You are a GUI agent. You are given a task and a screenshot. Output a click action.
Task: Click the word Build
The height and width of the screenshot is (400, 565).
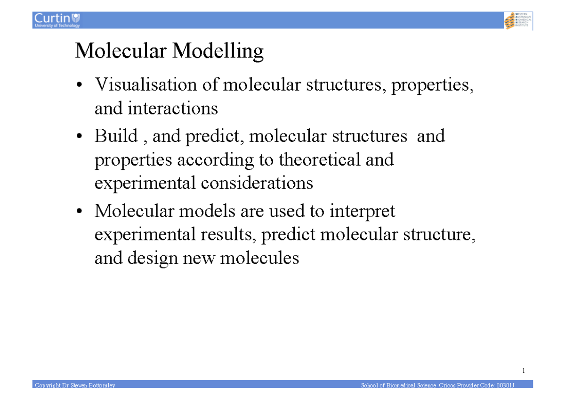116,136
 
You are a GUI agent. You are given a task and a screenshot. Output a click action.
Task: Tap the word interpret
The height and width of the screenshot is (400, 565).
362,211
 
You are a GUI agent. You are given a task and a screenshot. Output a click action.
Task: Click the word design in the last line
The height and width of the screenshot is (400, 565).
153,258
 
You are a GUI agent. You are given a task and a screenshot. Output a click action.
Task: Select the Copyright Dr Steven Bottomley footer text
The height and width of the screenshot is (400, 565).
74,386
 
